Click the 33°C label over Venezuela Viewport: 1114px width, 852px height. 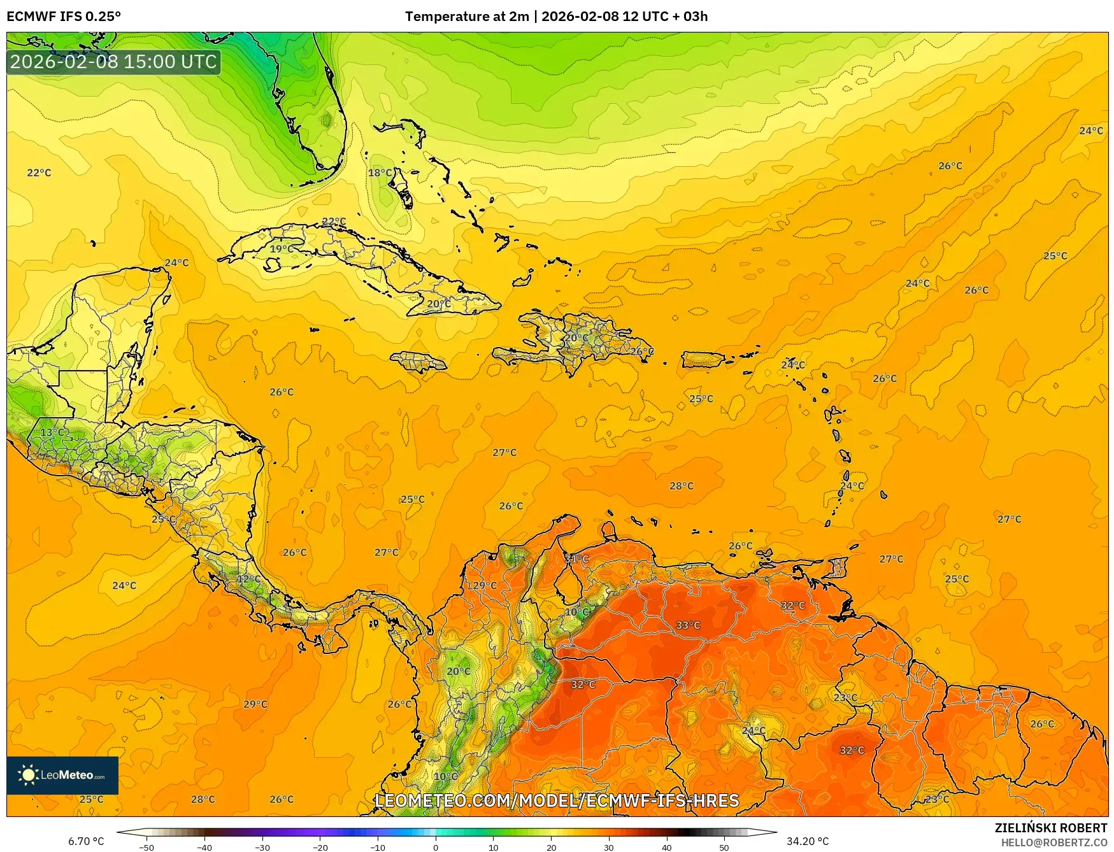[688, 625]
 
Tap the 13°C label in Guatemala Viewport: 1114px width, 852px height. [52, 432]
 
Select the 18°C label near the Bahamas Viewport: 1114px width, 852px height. [380, 173]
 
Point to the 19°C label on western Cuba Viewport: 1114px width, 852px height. [282, 249]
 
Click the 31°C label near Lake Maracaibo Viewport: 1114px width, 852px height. [576, 558]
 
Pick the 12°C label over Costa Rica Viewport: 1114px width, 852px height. [248, 579]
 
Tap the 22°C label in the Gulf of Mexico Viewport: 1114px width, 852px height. [39, 173]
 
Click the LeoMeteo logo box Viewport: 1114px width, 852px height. [62, 775]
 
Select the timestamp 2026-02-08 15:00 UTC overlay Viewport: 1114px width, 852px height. [113, 62]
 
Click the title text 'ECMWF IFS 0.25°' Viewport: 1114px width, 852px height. [64, 17]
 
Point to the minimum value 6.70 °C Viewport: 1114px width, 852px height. [86, 841]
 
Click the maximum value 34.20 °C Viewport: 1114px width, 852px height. [808, 841]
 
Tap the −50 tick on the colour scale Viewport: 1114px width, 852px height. [146, 847]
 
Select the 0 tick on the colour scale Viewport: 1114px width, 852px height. [436, 847]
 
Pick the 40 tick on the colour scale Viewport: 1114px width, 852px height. [667, 847]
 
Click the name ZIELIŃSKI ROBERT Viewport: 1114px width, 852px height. [1051, 828]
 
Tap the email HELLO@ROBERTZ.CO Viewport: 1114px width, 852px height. [1053, 842]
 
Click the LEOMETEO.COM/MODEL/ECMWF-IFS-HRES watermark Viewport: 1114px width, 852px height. [557, 800]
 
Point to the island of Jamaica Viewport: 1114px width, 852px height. [418, 362]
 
